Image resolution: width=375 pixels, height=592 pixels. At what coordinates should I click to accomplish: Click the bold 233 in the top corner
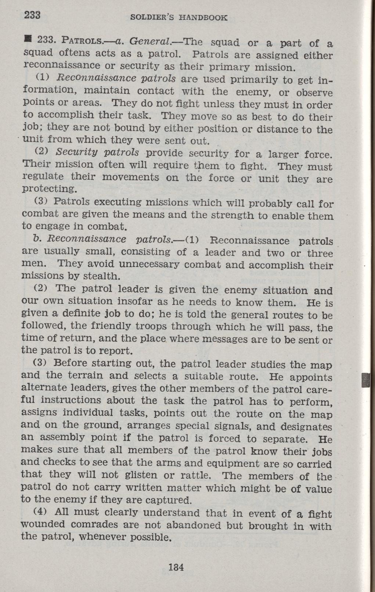[x=32, y=15]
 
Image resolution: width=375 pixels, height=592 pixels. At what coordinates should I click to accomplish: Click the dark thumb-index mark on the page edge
[x=365, y=380]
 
